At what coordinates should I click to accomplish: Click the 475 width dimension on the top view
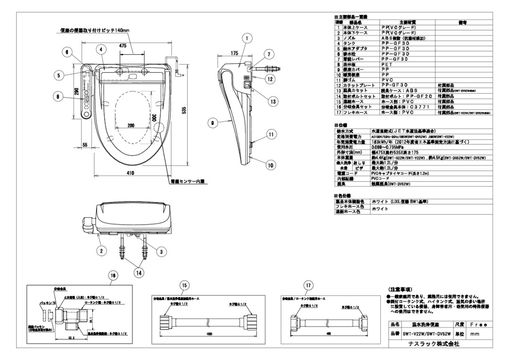click(x=123, y=46)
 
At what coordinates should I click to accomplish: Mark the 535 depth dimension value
click(x=184, y=110)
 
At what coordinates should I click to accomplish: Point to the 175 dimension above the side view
click(x=234, y=54)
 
